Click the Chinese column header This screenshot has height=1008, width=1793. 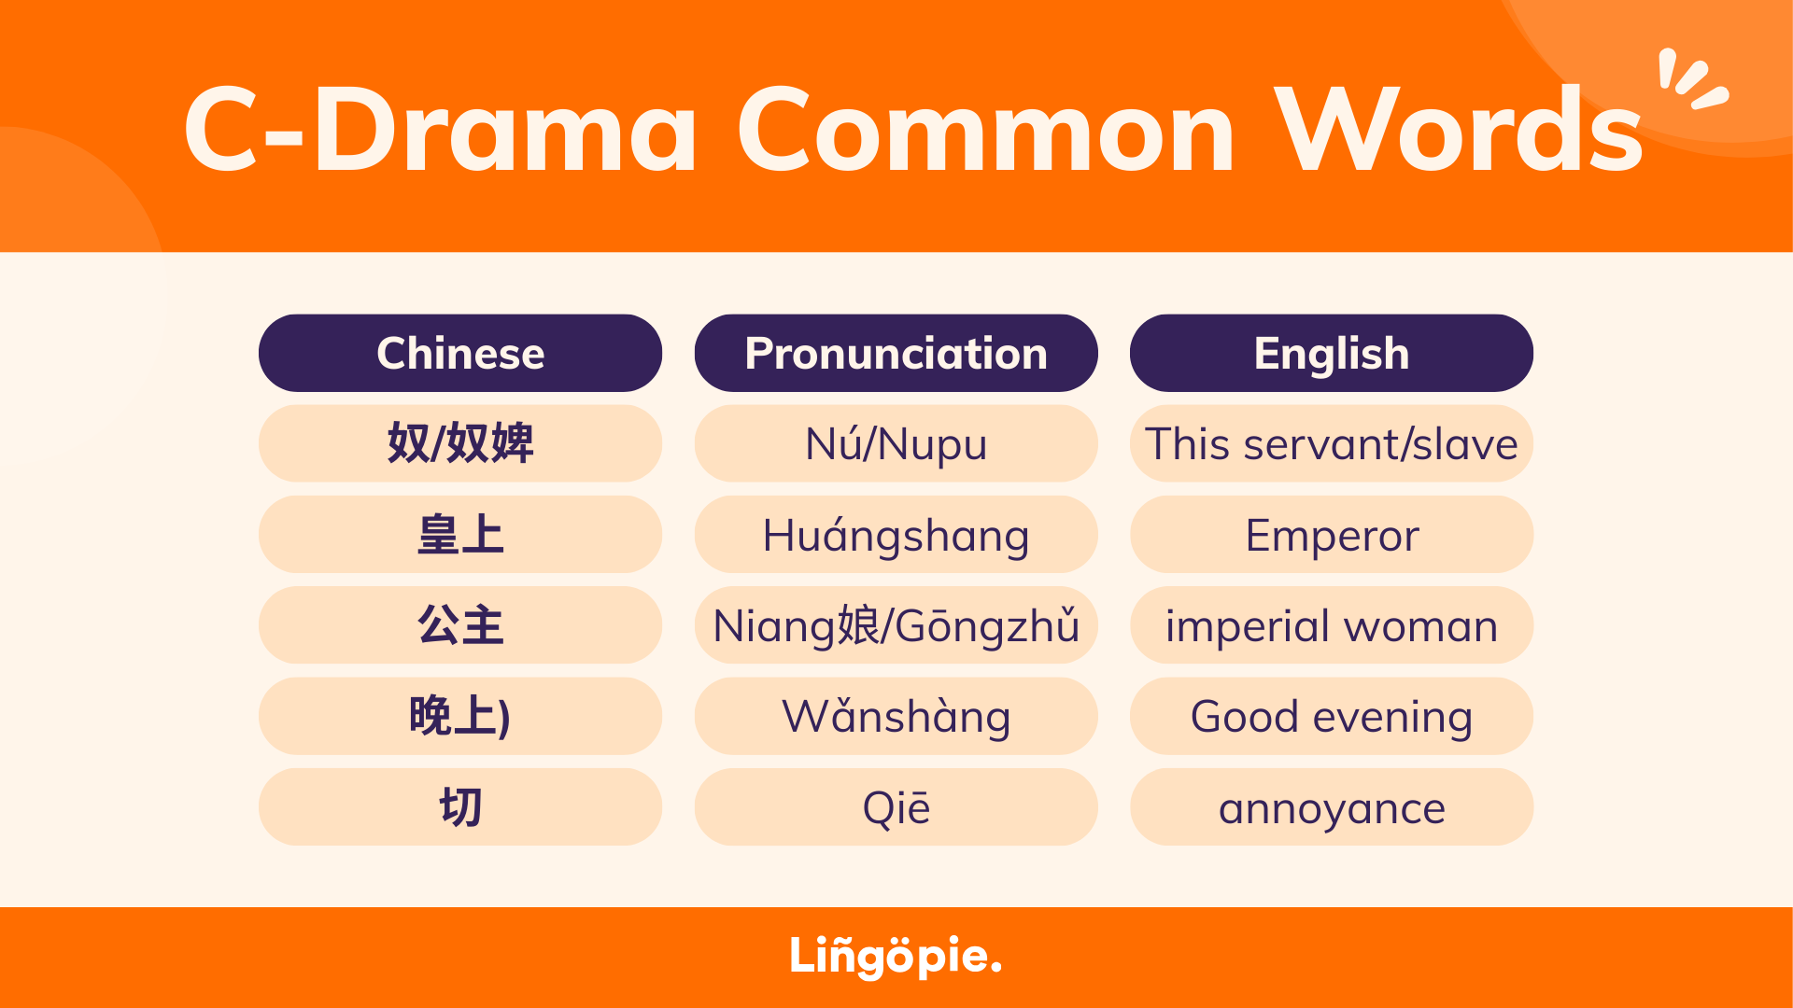click(x=460, y=353)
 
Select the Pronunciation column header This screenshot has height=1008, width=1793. click(x=896, y=353)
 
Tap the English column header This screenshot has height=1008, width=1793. click(x=1332, y=353)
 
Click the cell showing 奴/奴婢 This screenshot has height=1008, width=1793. click(x=460, y=443)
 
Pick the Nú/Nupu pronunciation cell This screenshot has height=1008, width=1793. click(x=896, y=443)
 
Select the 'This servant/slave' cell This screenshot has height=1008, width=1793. click(x=1332, y=443)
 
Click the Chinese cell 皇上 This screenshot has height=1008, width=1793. click(x=460, y=534)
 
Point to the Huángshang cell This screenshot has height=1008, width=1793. click(x=896, y=534)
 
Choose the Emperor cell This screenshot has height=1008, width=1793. click(x=1332, y=534)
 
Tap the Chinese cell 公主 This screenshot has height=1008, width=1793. click(x=460, y=625)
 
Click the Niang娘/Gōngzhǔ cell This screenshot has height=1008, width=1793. click(x=896, y=625)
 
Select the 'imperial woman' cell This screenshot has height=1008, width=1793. click(x=1332, y=625)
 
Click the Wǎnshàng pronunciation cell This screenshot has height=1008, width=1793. click(x=896, y=716)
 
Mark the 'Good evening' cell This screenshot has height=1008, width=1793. click(x=1332, y=716)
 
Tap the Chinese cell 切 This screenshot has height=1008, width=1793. click(x=460, y=807)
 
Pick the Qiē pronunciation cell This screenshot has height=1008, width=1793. click(x=896, y=807)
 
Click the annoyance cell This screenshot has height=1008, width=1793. click(x=1332, y=807)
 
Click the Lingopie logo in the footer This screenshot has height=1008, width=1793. click(x=896, y=957)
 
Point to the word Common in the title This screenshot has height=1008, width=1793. click(x=986, y=131)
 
